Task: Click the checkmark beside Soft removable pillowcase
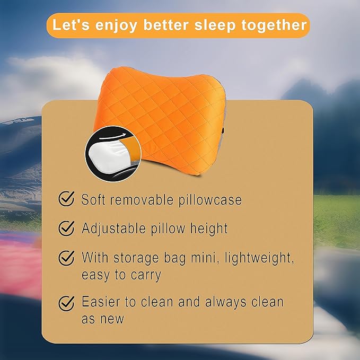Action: pos(66,200)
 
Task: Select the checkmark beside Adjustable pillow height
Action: pos(66,229)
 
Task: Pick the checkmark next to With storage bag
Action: pos(66,258)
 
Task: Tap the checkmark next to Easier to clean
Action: pos(66,303)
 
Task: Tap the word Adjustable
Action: pos(114,229)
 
